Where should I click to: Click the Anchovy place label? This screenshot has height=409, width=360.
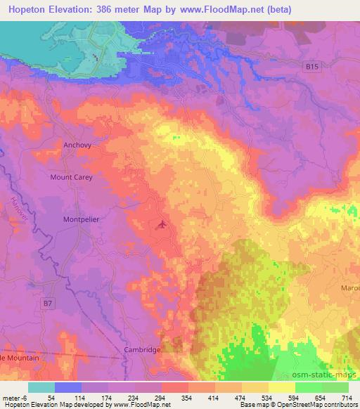tap(78, 145)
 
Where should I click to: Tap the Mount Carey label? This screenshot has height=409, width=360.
tap(71, 177)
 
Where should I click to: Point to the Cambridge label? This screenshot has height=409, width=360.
tap(143, 349)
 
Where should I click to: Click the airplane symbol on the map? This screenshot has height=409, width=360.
tap(163, 225)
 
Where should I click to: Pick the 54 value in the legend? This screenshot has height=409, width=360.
tap(51, 398)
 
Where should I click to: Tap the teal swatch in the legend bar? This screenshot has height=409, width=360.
tap(41, 387)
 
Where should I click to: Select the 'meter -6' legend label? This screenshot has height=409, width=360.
tap(15, 398)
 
